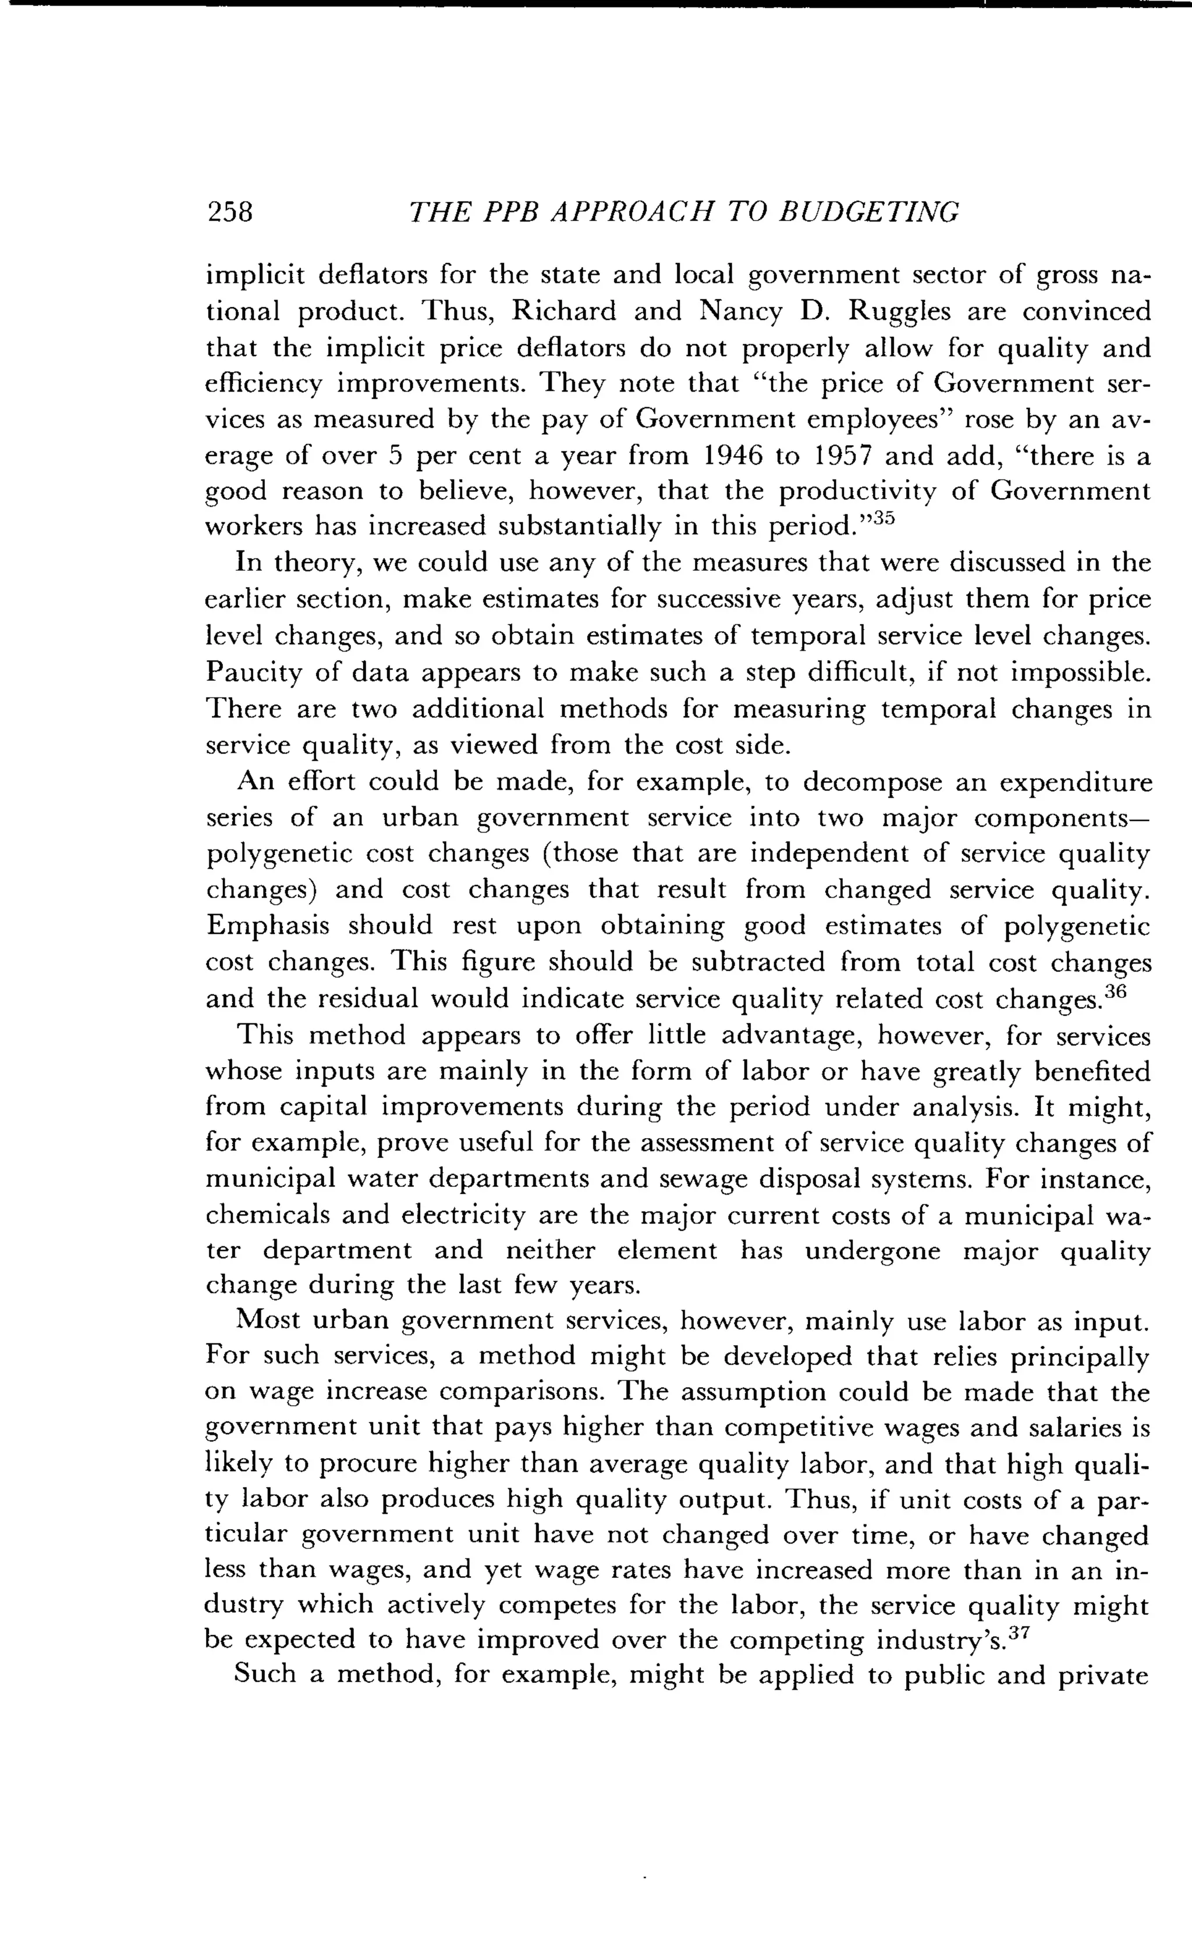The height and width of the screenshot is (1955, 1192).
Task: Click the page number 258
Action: click(x=229, y=212)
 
